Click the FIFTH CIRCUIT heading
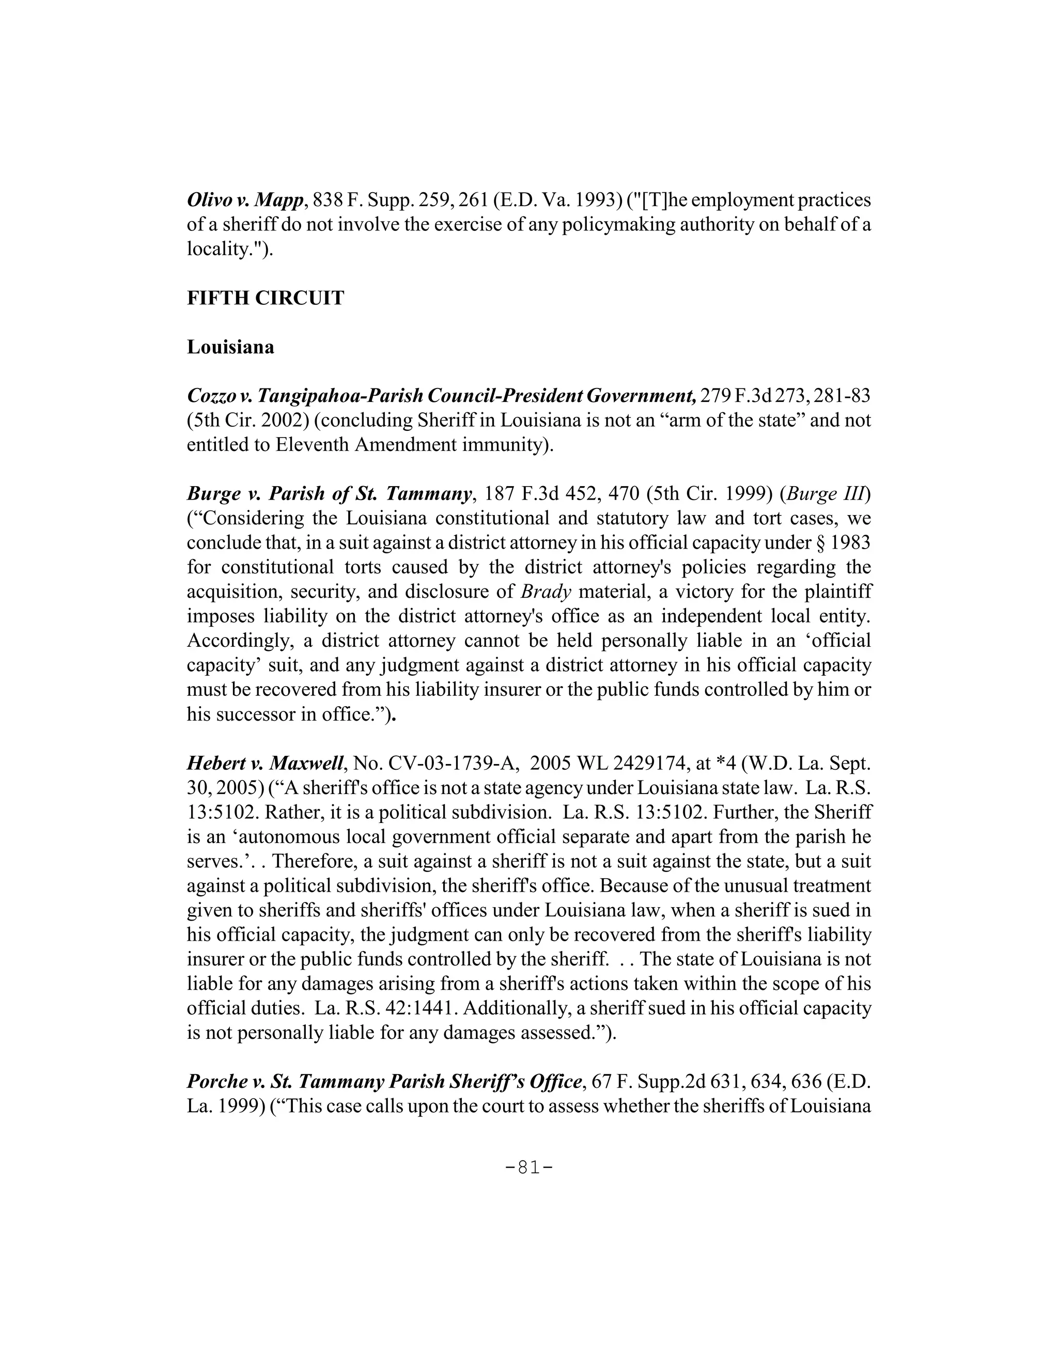265,298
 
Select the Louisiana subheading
230,347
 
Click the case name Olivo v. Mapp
245,200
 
